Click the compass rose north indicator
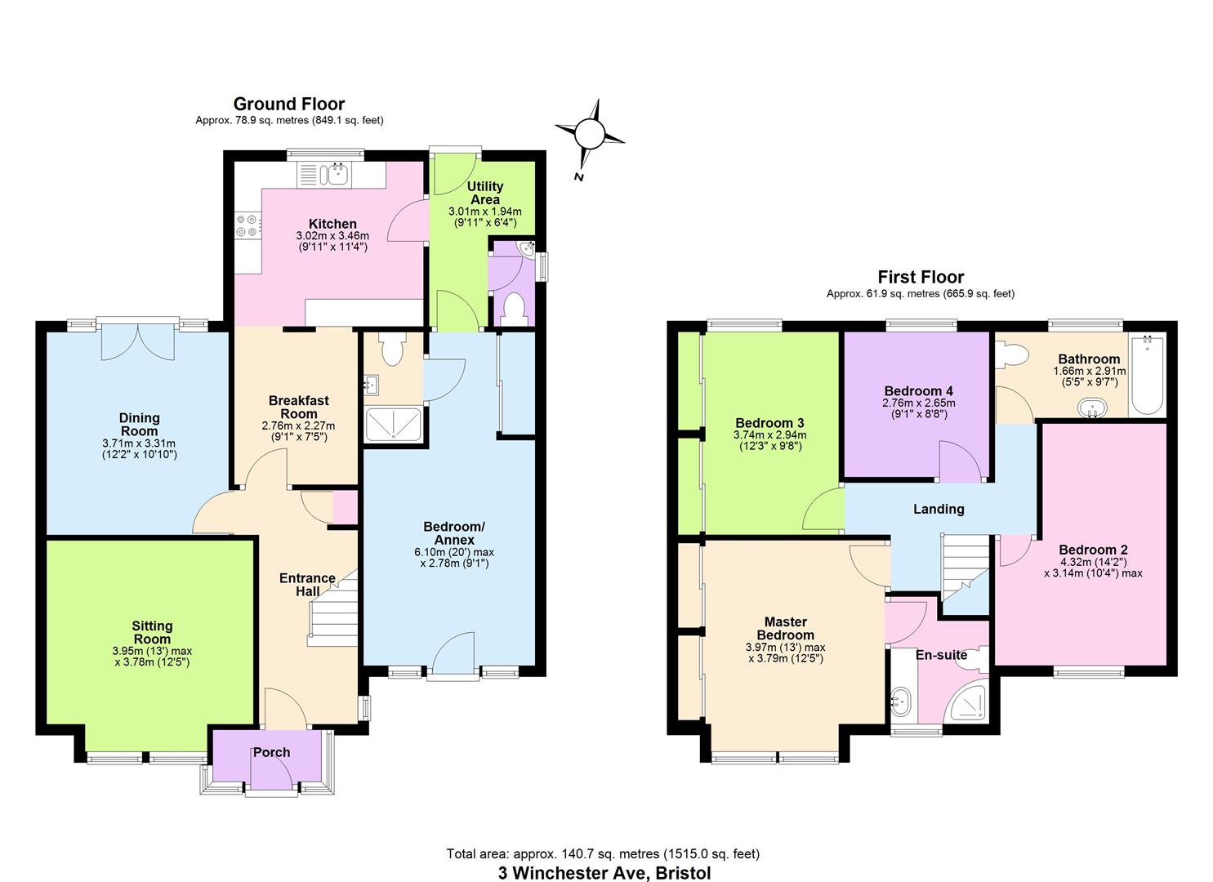(590, 133)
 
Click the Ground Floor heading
(289, 104)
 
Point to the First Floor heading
(921, 277)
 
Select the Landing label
(939, 509)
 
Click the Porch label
(271, 752)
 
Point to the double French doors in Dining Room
(137, 341)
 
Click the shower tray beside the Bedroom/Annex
(393, 425)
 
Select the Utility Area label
(484, 193)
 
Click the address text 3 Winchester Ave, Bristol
(604, 873)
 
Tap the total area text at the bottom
(603, 854)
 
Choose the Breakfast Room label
(299, 407)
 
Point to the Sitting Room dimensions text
(152, 657)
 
